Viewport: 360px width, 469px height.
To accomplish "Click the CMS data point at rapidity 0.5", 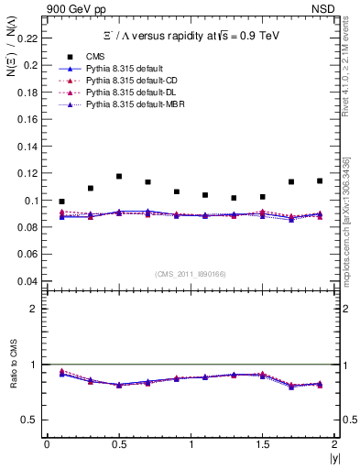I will tap(119, 176).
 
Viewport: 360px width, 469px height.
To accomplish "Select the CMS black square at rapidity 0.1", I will tap(61, 202).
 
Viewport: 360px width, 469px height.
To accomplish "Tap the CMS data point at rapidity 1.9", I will tap(320, 180).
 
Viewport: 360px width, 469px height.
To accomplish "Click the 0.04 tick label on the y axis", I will tap(28, 281).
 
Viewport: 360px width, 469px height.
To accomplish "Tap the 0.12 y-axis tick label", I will tap(28, 173).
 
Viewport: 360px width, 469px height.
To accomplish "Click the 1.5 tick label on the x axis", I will tap(262, 444).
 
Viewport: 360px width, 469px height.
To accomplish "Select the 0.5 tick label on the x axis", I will tap(118, 444).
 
